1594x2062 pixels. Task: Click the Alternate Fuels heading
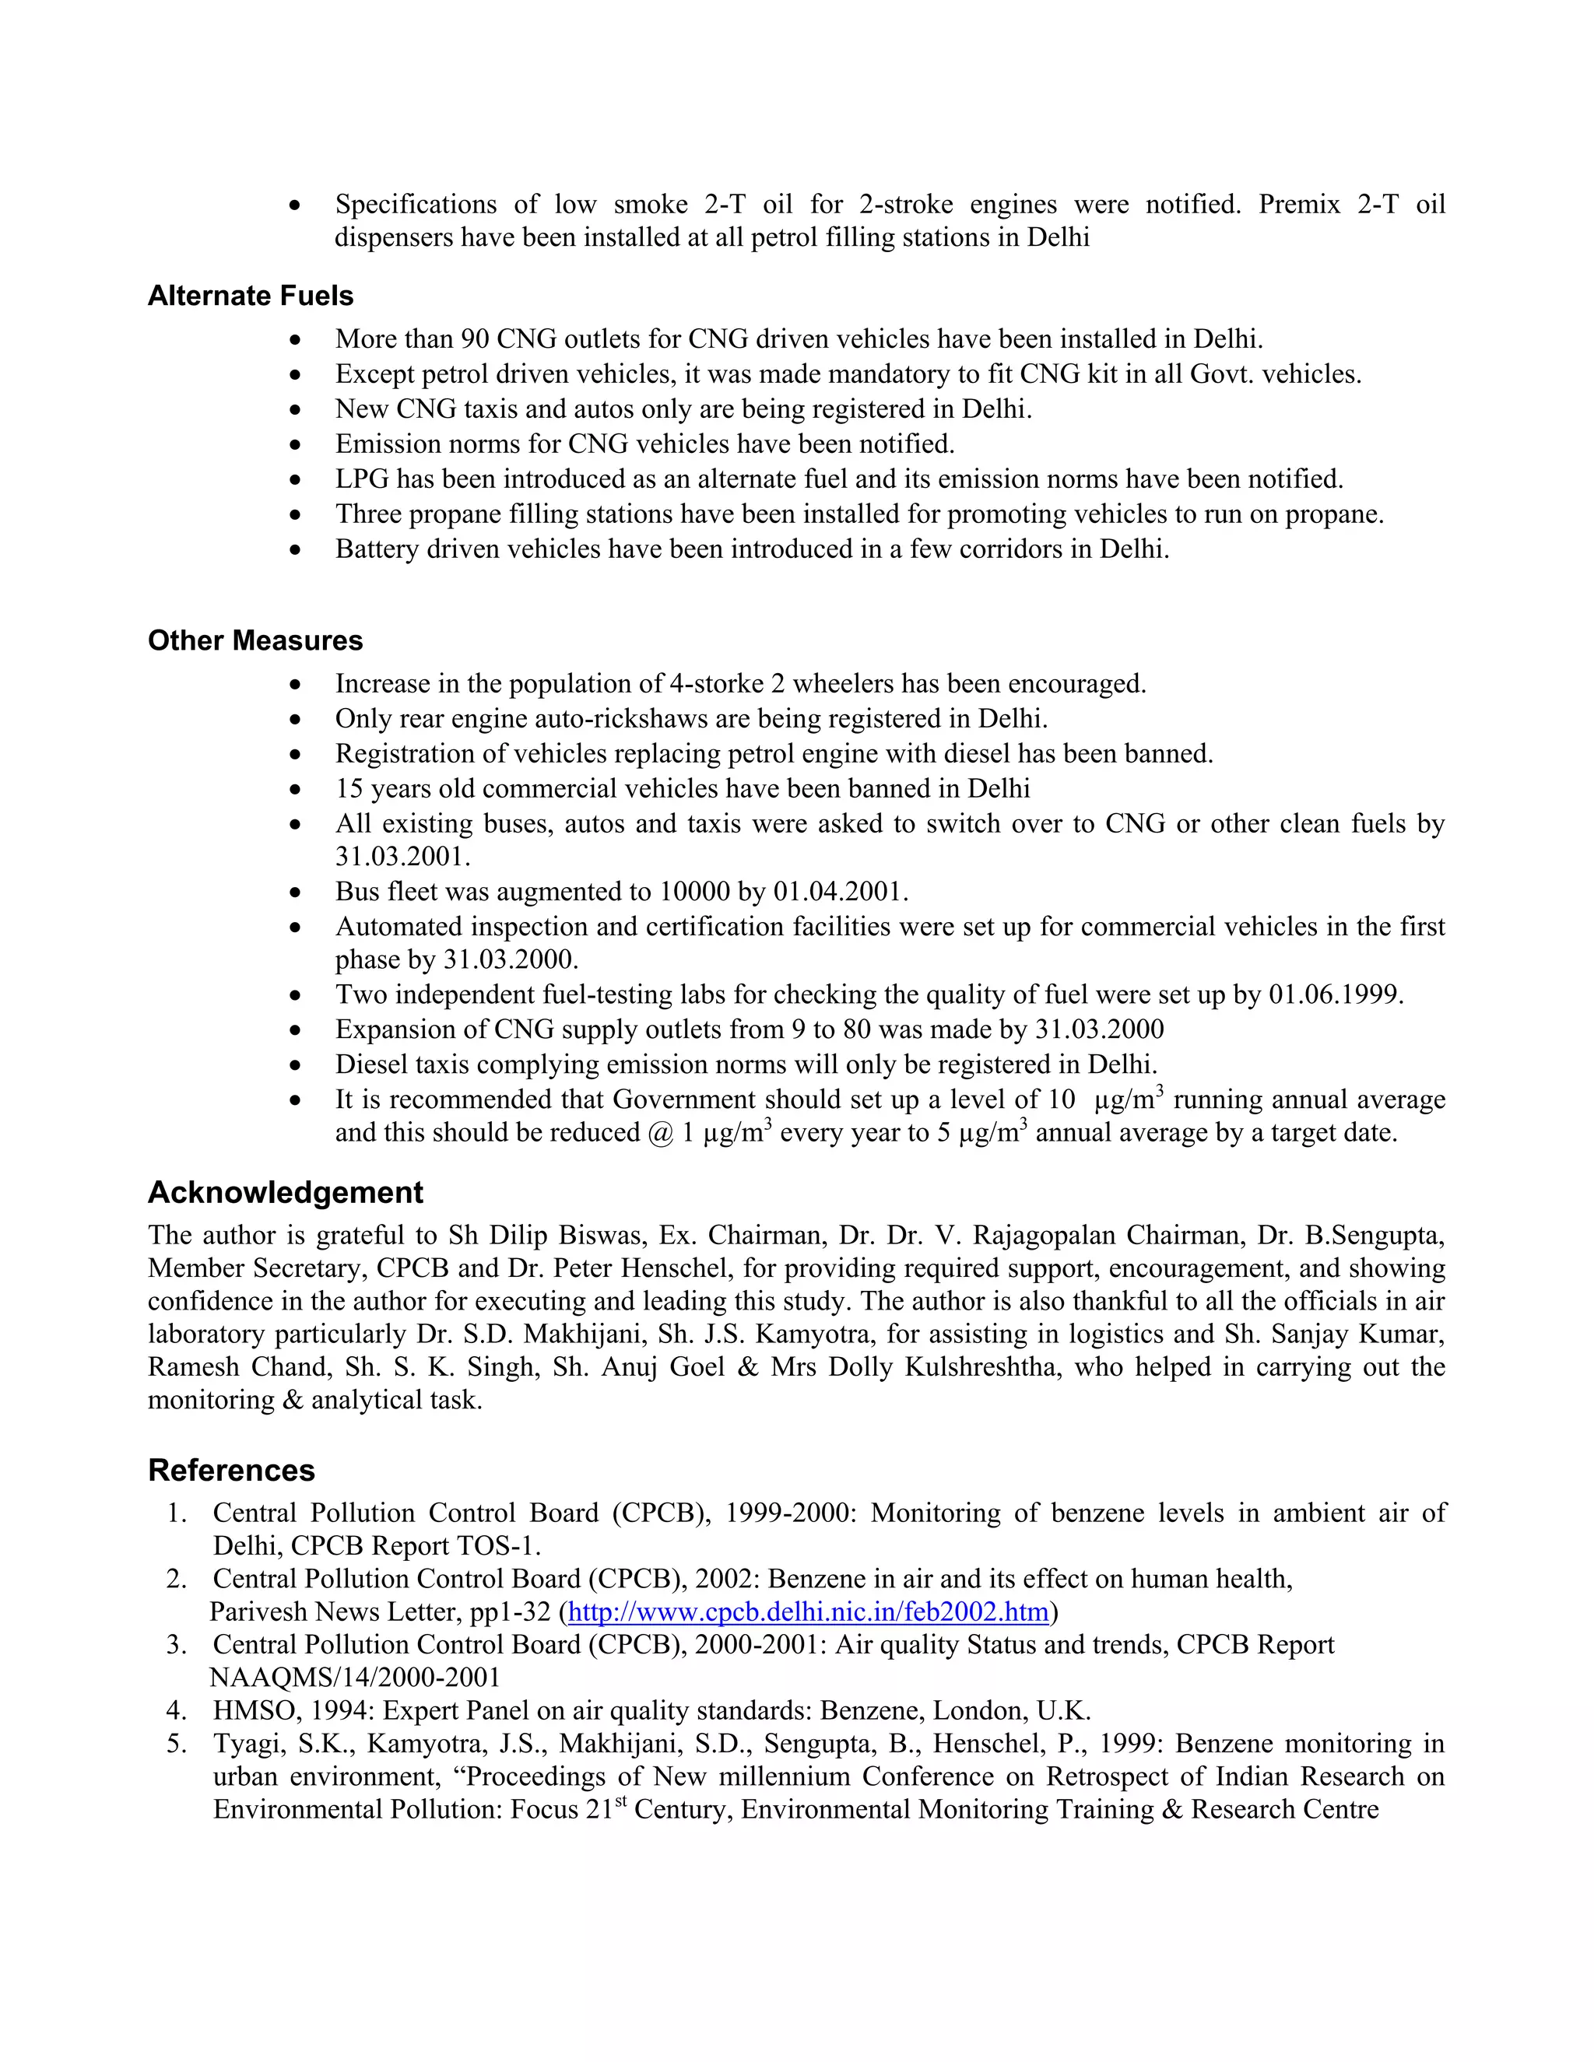point(251,296)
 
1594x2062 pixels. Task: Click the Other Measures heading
point(255,640)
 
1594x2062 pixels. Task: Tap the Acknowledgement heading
point(285,1192)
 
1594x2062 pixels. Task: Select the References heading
point(231,1470)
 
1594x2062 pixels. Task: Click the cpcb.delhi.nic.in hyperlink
point(809,1611)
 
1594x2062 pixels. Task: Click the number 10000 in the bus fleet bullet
point(695,892)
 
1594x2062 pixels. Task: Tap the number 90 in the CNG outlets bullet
point(475,339)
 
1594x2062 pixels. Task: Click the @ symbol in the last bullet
point(660,1133)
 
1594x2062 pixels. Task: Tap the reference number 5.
point(177,1744)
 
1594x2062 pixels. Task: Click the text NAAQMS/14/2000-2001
point(354,1678)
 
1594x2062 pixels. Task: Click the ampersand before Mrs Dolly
point(748,1367)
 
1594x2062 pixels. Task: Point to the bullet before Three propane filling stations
point(297,515)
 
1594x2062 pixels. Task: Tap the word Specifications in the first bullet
point(416,205)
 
